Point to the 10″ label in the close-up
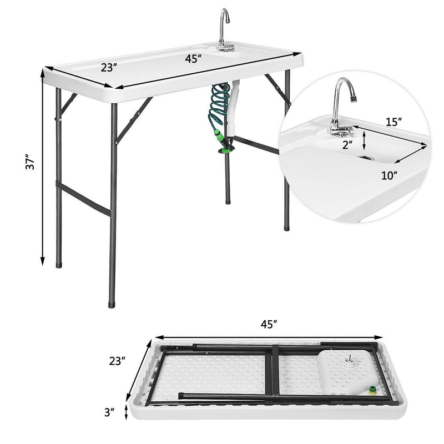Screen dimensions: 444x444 point(390,176)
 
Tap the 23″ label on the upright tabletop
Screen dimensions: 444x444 point(109,67)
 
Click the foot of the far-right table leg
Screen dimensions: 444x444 point(286,226)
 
